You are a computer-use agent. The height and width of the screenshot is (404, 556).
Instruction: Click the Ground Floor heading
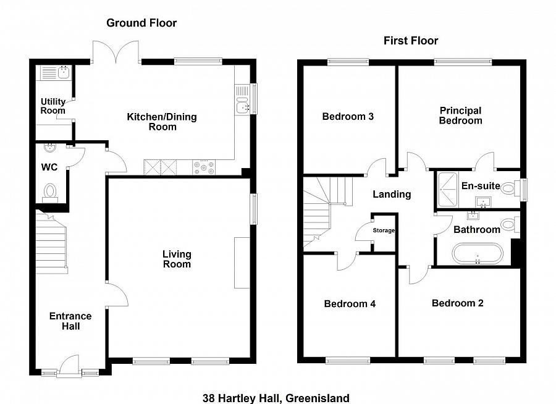[x=141, y=23]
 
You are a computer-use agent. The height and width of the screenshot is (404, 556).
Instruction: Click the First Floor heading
[x=411, y=41]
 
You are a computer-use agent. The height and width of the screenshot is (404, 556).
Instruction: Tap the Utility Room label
[x=53, y=106]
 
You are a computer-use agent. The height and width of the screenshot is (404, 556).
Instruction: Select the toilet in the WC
[x=50, y=193]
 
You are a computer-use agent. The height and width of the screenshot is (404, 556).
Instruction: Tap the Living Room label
[x=177, y=259]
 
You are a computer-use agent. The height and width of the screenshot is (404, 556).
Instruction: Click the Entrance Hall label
[x=70, y=321]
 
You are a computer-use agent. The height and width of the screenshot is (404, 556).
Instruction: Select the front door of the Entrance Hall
[x=69, y=364]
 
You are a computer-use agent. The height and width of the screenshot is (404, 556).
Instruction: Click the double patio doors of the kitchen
[x=116, y=53]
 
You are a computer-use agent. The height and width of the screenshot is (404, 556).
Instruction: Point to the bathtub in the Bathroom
[x=478, y=253]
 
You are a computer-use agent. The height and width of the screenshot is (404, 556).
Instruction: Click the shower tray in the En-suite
[x=448, y=190]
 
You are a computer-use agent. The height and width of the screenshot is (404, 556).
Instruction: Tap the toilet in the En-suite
[x=510, y=187]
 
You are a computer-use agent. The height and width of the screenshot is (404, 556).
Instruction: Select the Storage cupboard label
[x=384, y=230]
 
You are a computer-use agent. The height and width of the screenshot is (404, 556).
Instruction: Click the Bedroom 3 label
[x=348, y=116]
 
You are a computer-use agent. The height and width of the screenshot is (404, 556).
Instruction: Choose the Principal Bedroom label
[x=461, y=116]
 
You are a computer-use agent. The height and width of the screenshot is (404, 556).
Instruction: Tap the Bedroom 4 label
[x=350, y=304]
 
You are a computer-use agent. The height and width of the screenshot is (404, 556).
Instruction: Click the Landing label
[x=392, y=195]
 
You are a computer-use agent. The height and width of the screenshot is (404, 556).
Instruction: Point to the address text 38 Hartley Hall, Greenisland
[x=276, y=398]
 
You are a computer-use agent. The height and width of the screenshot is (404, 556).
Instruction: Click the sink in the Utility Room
[x=64, y=72]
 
